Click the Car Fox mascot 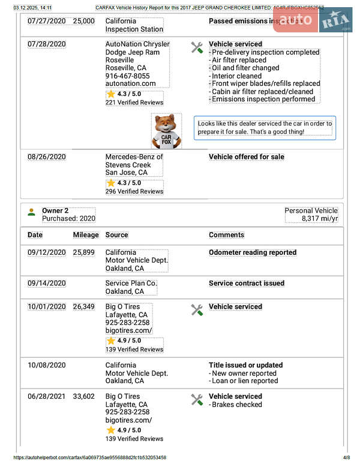(x=166, y=131)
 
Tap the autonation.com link (x=130, y=84)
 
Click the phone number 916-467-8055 (x=128, y=76)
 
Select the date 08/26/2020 (x=47, y=157)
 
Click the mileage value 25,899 (x=84, y=253)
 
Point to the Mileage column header (x=86, y=235)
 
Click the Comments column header (x=227, y=235)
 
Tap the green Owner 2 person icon (x=32, y=212)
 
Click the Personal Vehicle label (x=311, y=211)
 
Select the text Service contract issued (x=247, y=283)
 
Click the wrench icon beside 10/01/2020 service (x=197, y=310)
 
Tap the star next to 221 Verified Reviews (x=111, y=94)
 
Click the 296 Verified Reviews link (x=134, y=191)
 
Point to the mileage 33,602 (x=84, y=396)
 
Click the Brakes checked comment (x=236, y=405)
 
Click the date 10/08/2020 (x=47, y=365)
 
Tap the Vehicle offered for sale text (x=247, y=157)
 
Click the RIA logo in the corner (x=336, y=22)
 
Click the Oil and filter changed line (x=245, y=68)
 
